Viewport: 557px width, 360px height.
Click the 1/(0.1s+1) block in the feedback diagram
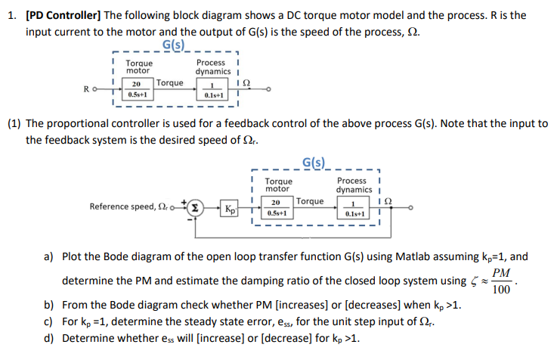pos(353,208)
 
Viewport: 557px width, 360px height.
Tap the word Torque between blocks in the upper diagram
pos(170,82)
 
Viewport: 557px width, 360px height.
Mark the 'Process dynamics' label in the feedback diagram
pos(352,185)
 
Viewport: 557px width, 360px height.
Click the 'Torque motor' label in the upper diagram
pos(139,67)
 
